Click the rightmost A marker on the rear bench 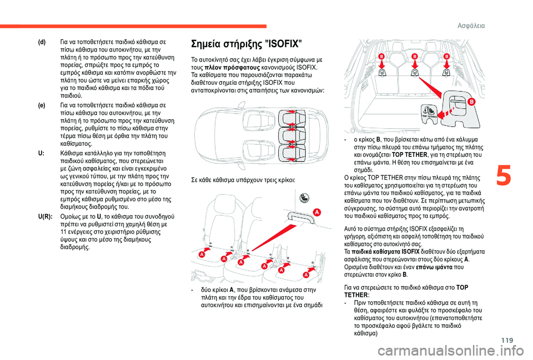coord(305,275)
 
